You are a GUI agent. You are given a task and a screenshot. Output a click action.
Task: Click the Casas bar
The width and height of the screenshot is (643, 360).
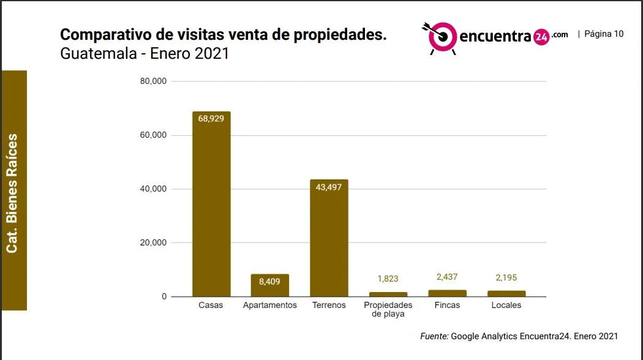pos(211,204)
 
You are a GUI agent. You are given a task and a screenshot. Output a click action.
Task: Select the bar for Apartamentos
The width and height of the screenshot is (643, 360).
pos(270,285)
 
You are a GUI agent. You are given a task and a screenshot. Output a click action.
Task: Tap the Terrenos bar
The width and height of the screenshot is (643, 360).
pos(329,238)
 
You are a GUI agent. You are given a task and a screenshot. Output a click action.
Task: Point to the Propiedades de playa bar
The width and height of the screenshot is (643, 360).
pos(388,294)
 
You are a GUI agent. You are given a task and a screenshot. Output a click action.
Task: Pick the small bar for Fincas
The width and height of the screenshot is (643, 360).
pos(448,293)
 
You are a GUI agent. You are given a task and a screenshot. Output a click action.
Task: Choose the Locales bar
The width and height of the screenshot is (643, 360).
pos(506,294)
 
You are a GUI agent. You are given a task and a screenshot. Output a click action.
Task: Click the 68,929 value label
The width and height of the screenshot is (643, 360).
pos(211,119)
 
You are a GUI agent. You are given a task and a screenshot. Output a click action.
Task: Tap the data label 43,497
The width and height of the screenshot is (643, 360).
pos(328,187)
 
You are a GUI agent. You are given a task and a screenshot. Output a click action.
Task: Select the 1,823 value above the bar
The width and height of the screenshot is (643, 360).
pos(388,279)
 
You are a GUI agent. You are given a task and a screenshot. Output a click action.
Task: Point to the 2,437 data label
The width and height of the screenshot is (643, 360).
pos(447,277)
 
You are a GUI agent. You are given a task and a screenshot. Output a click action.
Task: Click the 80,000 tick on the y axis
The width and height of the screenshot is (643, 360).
pos(153,81)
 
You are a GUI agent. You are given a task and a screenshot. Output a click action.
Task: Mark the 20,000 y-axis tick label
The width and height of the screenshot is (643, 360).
pos(153,242)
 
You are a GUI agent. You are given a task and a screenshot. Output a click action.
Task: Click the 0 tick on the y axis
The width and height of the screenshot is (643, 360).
pos(164,296)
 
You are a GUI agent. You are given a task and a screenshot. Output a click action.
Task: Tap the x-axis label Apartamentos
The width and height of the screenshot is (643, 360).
pos(270,305)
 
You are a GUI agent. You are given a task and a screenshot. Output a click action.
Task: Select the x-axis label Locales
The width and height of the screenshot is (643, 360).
pos(506,305)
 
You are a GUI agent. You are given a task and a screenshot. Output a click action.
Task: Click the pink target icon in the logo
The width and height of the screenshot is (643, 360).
pos(442,37)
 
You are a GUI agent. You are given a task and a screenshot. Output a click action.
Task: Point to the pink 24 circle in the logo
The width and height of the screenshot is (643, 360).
pos(541,37)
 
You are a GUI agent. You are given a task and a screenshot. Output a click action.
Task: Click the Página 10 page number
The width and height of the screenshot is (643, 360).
pos(604,34)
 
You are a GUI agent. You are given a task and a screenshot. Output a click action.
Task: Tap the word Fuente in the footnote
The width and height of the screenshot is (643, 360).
pos(434,336)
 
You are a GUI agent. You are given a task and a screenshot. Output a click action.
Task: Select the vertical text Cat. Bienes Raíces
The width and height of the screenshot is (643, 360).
pos(12,193)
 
